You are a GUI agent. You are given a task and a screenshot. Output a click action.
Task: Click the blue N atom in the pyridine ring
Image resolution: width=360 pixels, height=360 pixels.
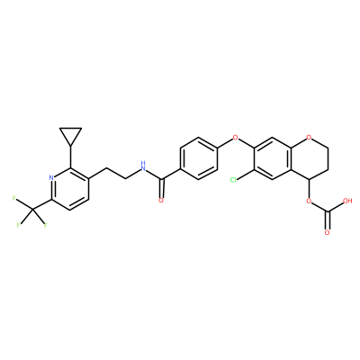pyautogui.click(x=51, y=177)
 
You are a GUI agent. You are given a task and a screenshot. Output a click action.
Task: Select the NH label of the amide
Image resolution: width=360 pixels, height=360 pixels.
pyautogui.click(x=143, y=166)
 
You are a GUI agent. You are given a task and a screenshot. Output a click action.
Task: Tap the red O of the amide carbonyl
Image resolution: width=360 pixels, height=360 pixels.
pyautogui.click(x=161, y=201)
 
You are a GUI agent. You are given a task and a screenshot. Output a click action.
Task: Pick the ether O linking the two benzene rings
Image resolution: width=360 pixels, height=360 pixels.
pyautogui.click(x=236, y=138)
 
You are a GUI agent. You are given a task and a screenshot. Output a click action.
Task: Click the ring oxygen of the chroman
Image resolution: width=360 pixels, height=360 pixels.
pyautogui.click(x=310, y=138)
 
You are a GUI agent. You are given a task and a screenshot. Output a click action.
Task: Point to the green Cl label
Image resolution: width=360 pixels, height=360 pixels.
pyautogui.click(x=233, y=180)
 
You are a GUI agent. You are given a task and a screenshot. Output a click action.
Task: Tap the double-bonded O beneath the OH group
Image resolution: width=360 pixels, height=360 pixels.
pyautogui.click(x=328, y=233)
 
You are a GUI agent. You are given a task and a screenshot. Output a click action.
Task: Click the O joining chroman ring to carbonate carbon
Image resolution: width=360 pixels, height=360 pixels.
pyautogui.click(x=309, y=201)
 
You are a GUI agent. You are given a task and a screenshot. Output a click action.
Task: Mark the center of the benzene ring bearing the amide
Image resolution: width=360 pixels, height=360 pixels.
pyautogui.click(x=199, y=158)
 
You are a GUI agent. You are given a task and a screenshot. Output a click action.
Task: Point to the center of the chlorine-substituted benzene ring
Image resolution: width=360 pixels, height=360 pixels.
pyautogui.click(x=273, y=158)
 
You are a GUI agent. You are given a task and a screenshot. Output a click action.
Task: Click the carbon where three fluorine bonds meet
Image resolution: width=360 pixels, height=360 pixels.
pyautogui.click(x=33, y=211)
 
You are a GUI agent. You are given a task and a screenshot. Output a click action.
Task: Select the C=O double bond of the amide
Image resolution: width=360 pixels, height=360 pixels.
pyautogui.click(x=162, y=188)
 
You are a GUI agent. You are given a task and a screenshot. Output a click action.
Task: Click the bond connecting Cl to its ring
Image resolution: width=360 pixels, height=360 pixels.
pyautogui.click(x=246, y=175)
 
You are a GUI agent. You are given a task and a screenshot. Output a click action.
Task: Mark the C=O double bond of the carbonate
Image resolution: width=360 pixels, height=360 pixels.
pyautogui.click(x=328, y=220)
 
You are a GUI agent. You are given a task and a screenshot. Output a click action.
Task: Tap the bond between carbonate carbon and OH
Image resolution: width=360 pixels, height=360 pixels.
pyautogui.click(x=335, y=207)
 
